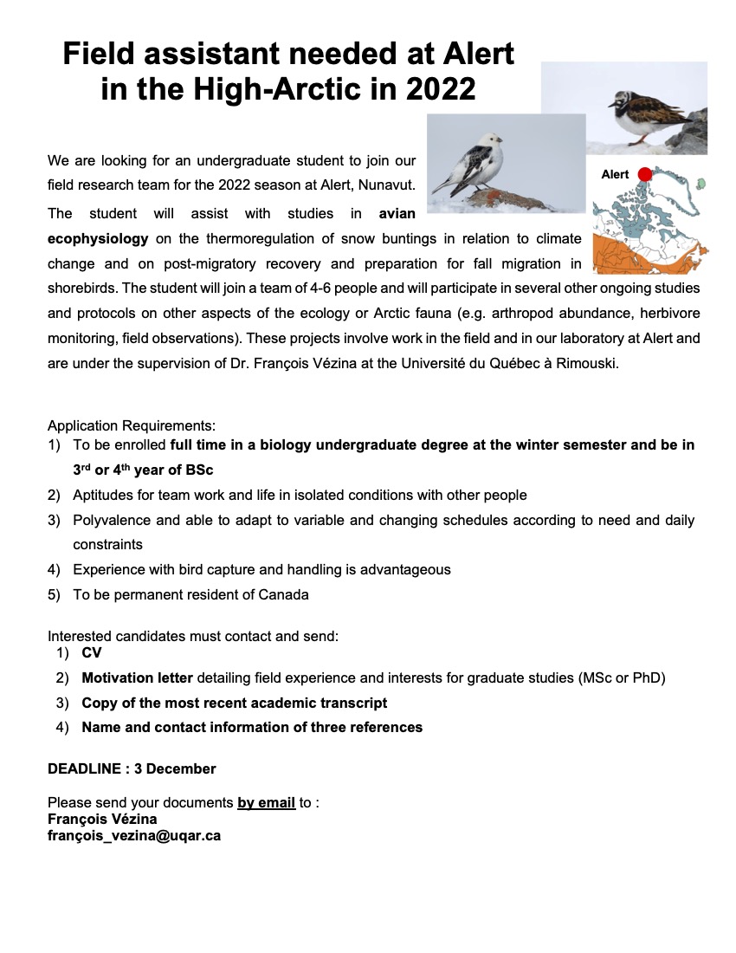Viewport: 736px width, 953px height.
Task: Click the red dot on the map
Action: tap(644, 175)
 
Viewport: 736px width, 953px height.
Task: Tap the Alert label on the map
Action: tap(615, 175)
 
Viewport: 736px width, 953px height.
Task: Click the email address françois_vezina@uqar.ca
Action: tap(134, 836)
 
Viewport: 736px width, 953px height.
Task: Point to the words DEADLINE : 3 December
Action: tap(132, 768)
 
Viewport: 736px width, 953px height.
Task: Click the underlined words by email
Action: tap(266, 802)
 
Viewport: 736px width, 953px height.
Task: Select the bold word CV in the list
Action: tap(91, 652)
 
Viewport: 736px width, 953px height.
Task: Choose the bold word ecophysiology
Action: tap(98, 238)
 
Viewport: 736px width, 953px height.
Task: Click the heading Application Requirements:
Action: tap(132, 425)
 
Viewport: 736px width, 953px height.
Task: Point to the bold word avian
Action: tap(397, 213)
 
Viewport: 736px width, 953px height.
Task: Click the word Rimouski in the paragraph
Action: tap(590, 364)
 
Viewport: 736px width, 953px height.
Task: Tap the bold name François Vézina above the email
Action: tap(102, 819)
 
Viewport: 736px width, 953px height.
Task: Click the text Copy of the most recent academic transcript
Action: tap(234, 703)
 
